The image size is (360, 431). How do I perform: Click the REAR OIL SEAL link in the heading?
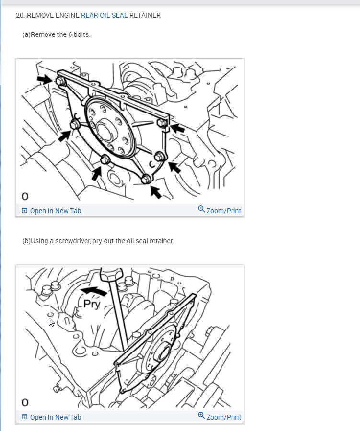pos(105,15)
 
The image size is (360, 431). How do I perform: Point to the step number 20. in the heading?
pos(20,15)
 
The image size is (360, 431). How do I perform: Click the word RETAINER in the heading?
pos(145,15)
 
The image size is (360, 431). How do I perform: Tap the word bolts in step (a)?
pos(82,34)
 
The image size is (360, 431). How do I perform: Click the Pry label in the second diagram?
pos(92,305)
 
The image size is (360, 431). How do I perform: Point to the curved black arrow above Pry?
pos(93,291)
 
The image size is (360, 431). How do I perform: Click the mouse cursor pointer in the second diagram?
pos(51,322)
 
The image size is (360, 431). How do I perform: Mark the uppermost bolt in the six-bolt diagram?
pos(60,81)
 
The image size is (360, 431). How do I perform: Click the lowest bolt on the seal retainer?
pos(146,179)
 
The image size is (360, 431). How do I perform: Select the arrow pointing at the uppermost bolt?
pos(45,79)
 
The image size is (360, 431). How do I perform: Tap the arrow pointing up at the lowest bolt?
pos(156,192)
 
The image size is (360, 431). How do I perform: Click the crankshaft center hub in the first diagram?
pos(105,132)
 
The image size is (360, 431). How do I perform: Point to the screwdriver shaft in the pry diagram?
pos(118,314)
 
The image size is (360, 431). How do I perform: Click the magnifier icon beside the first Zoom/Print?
pos(201,209)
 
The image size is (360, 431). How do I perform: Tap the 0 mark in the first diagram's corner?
pos(25,196)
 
